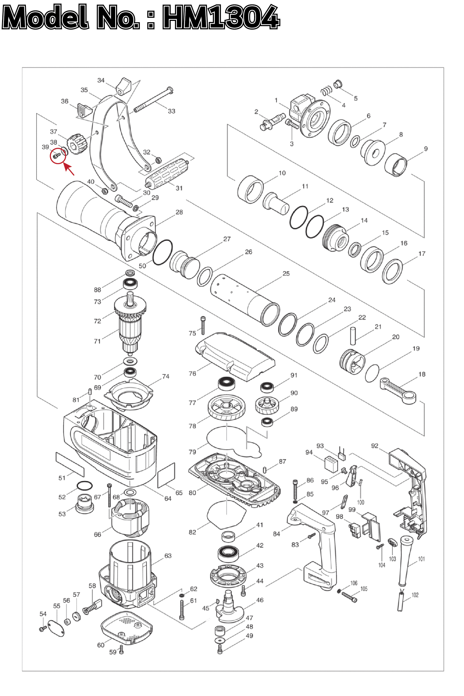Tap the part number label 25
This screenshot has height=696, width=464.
pos(286,274)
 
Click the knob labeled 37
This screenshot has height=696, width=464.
pos(78,143)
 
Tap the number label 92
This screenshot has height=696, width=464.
pos(374,446)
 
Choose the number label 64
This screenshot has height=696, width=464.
pos(168,498)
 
